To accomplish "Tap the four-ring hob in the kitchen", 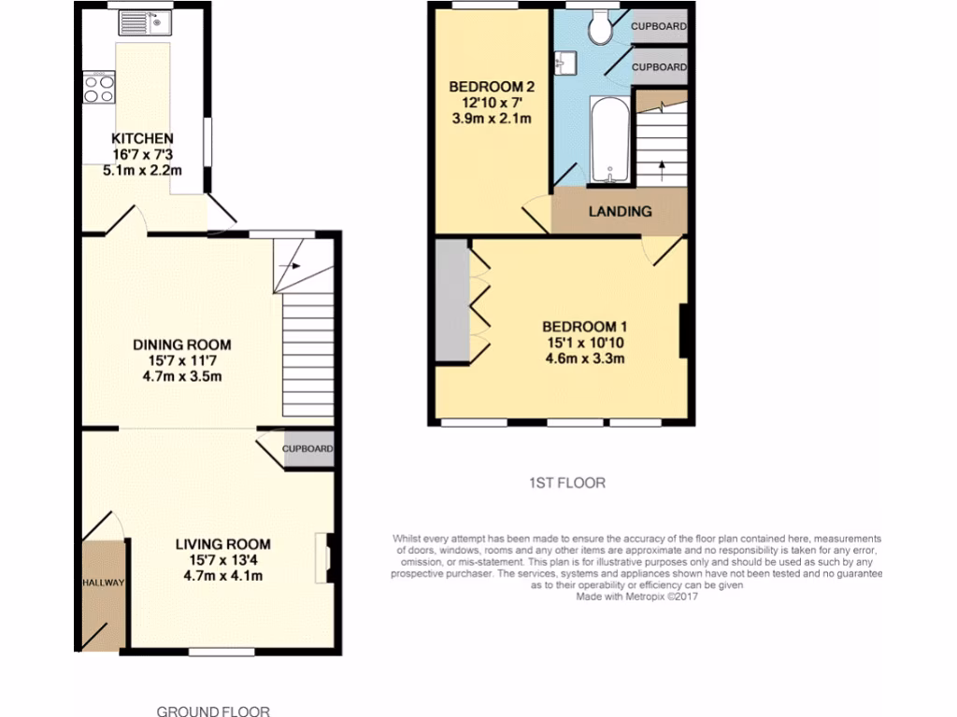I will point(98,88).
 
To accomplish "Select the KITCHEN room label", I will point(143,139).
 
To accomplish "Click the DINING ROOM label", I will point(181,344).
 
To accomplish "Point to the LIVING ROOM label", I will point(223,544).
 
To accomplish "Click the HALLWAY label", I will point(101,583).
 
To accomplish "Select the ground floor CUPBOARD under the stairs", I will point(307,449).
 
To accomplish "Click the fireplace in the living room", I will point(324,557).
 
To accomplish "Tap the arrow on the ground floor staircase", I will point(295,265).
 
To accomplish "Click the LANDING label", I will point(620,211).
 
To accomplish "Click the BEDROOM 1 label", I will point(585,327).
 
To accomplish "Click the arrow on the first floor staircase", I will point(663,168).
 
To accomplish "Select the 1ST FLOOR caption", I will point(567,483).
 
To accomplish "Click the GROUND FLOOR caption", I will point(212,710).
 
